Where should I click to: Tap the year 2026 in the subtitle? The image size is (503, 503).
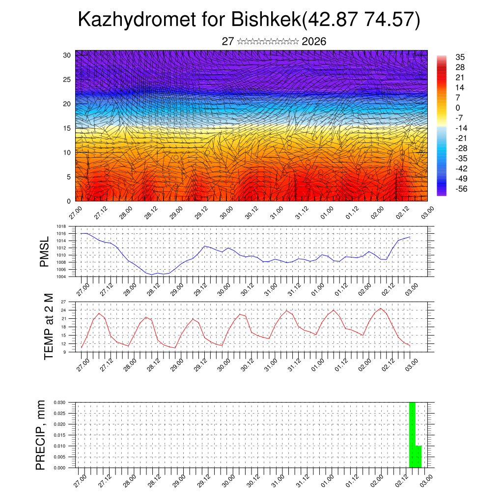coord(314,42)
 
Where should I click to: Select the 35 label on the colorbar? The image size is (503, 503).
coord(460,57)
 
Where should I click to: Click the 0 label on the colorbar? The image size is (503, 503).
coord(458,108)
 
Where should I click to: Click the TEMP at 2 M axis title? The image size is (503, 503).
coord(48,327)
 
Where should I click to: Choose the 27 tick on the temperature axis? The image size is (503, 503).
coord(63,302)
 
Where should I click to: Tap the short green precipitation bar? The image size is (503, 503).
coord(419,457)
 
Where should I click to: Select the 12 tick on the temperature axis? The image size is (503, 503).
coord(63,343)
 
